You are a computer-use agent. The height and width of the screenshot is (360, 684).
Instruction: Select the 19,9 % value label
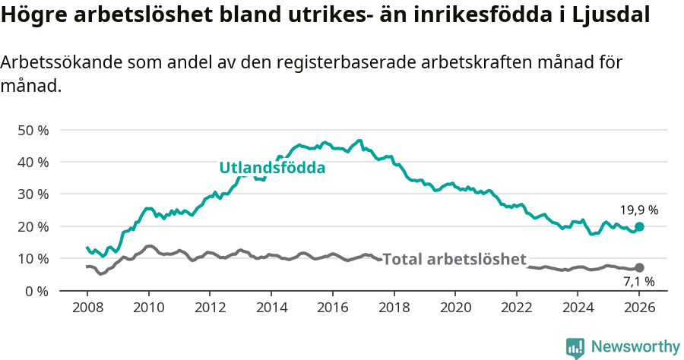coord(638,210)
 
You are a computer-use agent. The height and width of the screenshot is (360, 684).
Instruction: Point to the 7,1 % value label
coord(638,282)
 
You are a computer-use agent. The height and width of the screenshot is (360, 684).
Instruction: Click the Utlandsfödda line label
coord(272,168)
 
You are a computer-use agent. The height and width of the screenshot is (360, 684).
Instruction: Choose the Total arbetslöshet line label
coord(454,259)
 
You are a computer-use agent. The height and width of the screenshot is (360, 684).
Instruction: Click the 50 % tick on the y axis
coord(33,130)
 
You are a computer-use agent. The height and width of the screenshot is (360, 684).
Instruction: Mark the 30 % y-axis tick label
coord(33,194)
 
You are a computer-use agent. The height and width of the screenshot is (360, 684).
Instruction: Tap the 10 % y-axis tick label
coord(33,259)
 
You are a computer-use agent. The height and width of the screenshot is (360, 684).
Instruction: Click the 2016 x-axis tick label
coord(332,309)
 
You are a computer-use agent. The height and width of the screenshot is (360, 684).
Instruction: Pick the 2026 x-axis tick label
coord(639,309)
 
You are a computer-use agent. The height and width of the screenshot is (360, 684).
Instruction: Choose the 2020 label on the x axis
coord(455,309)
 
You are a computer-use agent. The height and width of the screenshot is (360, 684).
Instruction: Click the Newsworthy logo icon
coord(575,348)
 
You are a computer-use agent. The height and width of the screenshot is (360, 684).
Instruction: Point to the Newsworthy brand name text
coord(635,347)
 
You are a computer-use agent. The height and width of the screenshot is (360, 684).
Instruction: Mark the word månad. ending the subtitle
coord(30,87)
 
